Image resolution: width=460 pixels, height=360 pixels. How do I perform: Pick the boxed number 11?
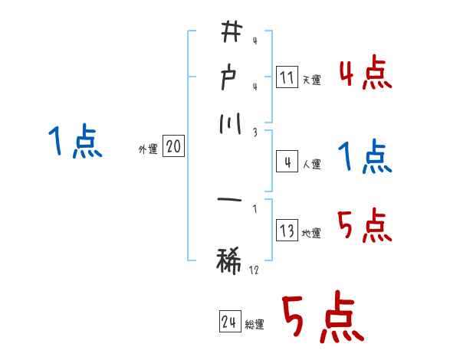click(x=287, y=77)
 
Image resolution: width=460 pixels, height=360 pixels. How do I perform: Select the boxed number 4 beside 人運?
click(x=287, y=162)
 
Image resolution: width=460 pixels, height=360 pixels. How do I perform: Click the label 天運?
click(x=311, y=80)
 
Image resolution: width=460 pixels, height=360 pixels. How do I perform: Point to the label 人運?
click(x=311, y=164)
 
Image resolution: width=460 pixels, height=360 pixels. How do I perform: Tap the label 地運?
click(x=311, y=233)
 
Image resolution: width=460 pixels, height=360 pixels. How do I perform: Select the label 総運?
click(x=255, y=325)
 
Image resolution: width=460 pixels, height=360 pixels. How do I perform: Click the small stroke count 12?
click(x=254, y=270)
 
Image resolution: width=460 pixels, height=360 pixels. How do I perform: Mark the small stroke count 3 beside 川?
click(x=255, y=132)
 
